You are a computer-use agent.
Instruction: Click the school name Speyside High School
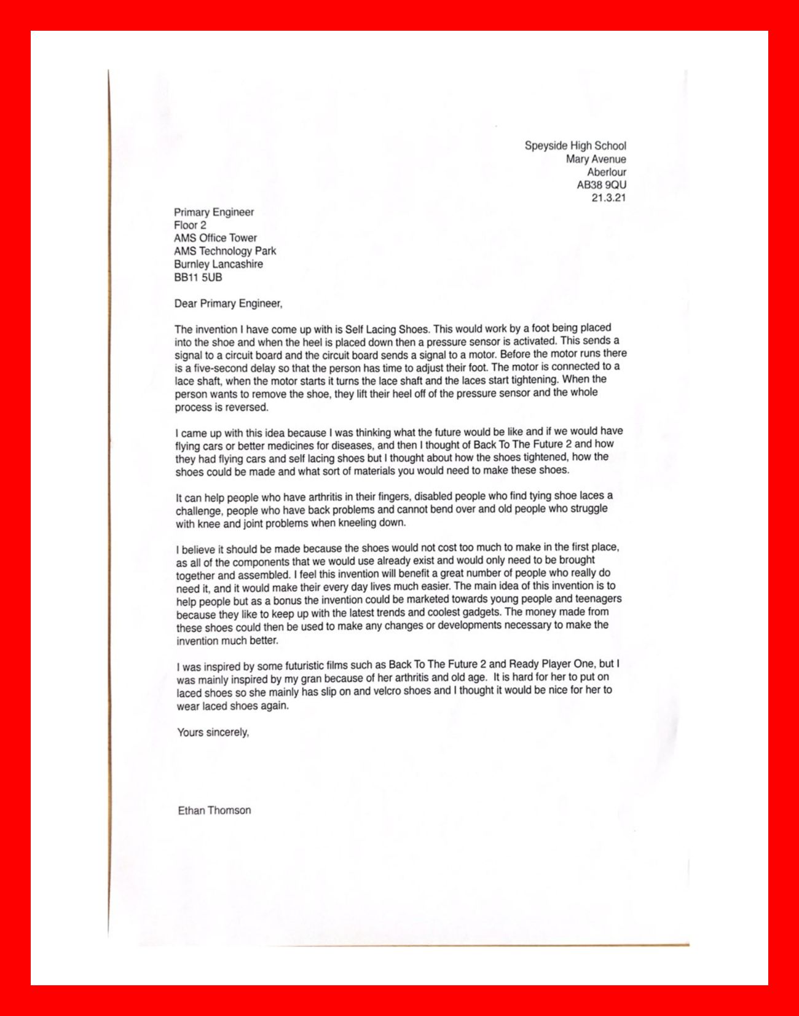(575, 146)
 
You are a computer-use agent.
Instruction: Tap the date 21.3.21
(608, 198)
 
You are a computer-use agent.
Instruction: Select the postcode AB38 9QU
(601, 185)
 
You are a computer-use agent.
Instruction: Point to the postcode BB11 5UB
(198, 277)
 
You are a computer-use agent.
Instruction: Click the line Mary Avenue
(596, 159)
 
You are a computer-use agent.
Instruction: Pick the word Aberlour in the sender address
(606, 172)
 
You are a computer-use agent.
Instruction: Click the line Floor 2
(190, 225)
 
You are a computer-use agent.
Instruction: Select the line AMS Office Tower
(215, 238)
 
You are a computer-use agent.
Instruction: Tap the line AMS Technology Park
(225, 251)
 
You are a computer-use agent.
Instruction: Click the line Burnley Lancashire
(218, 264)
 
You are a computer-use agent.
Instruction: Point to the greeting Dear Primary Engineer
(228, 304)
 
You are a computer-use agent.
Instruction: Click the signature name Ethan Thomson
(215, 811)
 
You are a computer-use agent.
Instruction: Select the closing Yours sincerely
(213, 733)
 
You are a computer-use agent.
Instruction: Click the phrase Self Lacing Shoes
(386, 329)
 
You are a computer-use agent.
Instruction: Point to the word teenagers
(596, 599)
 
